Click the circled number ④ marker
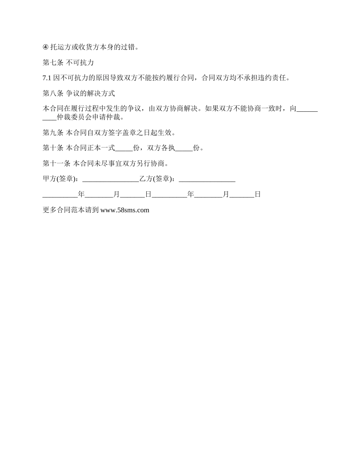45,47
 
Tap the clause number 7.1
47,78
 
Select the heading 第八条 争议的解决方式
79,93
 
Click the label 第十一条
56,164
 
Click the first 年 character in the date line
81,194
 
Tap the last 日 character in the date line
258,194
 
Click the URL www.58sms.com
125,210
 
